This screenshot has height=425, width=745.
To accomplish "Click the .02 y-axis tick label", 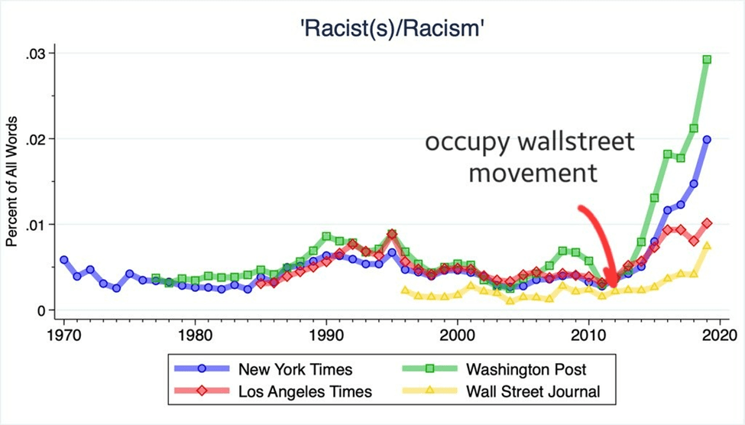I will [37, 139].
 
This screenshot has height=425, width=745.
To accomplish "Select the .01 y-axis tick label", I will [37, 225].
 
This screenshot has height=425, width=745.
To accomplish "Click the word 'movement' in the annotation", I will [532, 172].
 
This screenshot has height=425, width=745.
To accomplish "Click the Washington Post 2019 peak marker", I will [707, 60].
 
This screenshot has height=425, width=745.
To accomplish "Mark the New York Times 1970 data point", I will [64, 260].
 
